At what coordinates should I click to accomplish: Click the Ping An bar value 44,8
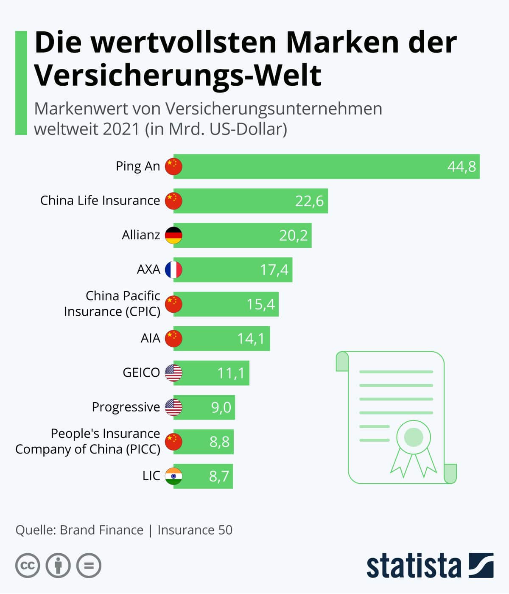pos(461,167)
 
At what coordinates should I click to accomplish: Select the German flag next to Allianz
pos(173,235)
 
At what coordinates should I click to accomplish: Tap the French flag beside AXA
pos(173,270)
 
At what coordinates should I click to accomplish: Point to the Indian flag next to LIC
pos(173,476)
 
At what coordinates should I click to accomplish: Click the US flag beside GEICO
pos(173,373)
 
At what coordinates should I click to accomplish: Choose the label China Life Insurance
pos(100,201)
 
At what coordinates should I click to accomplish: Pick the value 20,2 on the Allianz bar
pos(293,235)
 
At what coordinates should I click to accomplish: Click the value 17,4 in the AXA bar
pos(274,270)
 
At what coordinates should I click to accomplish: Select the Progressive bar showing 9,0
pos(204,407)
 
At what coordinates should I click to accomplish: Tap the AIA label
pos(150,339)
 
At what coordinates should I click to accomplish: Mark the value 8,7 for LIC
pos(219,476)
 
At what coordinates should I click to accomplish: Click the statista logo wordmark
pos(414,566)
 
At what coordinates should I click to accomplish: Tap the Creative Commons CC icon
pos(28,566)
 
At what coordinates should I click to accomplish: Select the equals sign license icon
pos(89,566)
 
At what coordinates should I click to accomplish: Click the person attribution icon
pos(58,566)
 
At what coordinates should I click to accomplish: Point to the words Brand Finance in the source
pos(101,530)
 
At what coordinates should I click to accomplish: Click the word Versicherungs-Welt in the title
pos(178,75)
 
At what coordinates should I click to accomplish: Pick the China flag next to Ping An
pos(173,167)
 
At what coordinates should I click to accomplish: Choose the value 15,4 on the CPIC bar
pos(260,304)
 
